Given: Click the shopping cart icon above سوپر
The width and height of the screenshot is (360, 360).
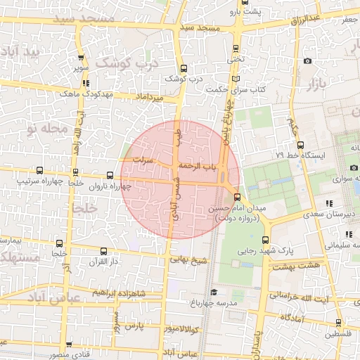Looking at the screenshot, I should (x=82, y=58).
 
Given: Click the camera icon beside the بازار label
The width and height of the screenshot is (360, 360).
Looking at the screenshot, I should (x=307, y=61).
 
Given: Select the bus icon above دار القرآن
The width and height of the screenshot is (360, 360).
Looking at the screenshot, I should (x=104, y=251).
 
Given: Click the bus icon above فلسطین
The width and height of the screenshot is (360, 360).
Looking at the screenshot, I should (x=338, y=323).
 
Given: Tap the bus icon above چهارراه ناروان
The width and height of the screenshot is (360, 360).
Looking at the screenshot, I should (x=110, y=175).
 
